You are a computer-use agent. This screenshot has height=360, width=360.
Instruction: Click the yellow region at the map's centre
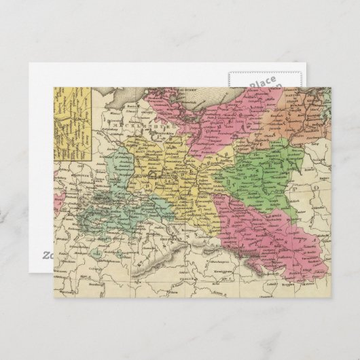(x=173, y=177)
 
